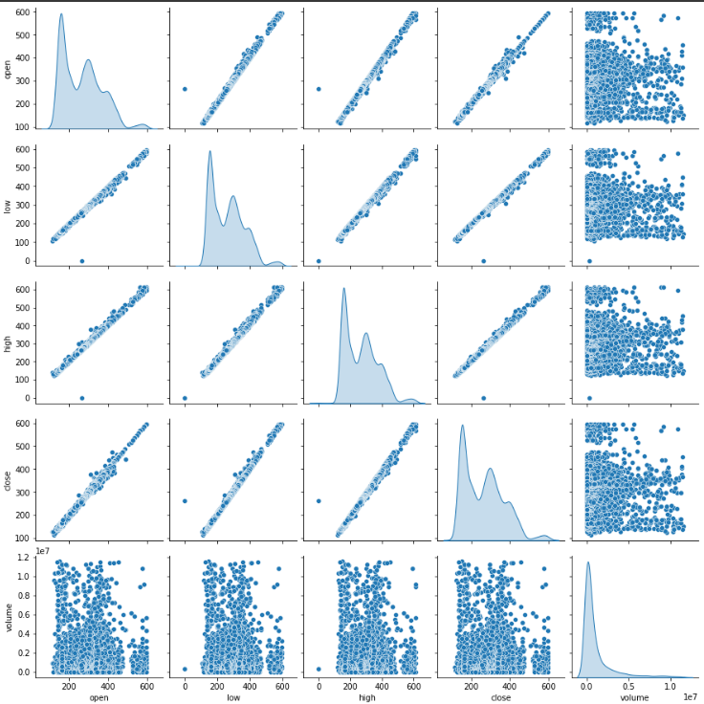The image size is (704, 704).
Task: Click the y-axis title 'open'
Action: pos(10,68)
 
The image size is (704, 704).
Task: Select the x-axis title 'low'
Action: pos(233,697)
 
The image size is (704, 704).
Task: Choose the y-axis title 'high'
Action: pos(10,341)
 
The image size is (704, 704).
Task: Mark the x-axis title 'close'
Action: pos(500,697)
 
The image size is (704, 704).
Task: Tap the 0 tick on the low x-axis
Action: pos(185,685)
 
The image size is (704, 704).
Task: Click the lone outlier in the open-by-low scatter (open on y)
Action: pos(185,89)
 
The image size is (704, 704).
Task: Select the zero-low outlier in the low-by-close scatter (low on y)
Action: pos(483,260)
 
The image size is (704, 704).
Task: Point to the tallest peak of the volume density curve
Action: pos(587,562)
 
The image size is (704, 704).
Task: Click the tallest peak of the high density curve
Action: pos(343,289)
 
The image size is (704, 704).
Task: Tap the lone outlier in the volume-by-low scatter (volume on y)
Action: pos(185,669)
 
